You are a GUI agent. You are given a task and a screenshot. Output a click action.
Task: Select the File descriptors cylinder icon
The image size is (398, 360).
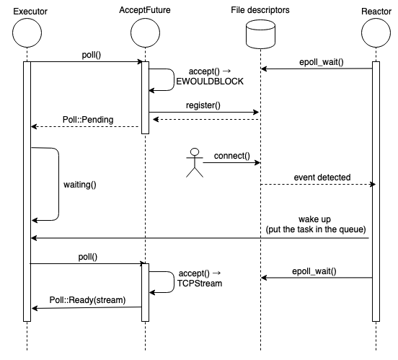tap(261, 35)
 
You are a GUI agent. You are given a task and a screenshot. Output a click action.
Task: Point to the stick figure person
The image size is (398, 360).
tap(195, 162)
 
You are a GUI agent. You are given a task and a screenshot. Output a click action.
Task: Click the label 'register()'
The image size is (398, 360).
tap(203, 105)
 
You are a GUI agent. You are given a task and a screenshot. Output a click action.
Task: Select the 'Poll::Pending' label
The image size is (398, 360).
tap(88, 120)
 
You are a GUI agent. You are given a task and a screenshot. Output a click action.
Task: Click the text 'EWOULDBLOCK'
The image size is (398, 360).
tap(210, 82)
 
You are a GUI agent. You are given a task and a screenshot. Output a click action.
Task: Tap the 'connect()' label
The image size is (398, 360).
tap(232, 156)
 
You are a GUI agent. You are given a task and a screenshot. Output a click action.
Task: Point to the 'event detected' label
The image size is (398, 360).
tap(322, 177)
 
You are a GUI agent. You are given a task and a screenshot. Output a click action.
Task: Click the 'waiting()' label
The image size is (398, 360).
tap(80, 185)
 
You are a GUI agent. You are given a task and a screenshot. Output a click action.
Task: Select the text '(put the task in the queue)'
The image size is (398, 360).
tap(316, 229)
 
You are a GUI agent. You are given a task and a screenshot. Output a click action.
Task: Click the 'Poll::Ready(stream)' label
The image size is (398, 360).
tap(87, 300)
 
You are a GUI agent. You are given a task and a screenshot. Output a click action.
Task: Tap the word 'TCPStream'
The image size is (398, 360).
tap(200, 284)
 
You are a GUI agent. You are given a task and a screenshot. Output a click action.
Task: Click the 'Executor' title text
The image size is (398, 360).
tap(30, 12)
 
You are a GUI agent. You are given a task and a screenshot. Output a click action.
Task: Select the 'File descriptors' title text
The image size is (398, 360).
tap(260, 10)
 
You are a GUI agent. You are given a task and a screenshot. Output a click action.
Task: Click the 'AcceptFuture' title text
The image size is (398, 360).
tap(145, 10)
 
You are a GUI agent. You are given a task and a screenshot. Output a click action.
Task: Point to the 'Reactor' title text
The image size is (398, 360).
tap(376, 12)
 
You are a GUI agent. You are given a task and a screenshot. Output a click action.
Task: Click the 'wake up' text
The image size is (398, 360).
tap(315, 219)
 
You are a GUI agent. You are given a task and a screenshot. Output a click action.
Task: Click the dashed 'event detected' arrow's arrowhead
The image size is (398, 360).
tap(373, 184)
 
